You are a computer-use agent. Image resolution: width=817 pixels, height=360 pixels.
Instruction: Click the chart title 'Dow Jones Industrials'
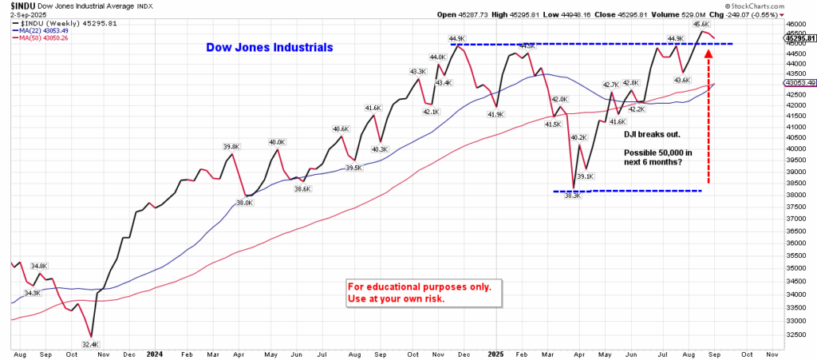[270, 48]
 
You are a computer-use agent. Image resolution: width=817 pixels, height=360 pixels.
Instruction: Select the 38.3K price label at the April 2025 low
[573, 196]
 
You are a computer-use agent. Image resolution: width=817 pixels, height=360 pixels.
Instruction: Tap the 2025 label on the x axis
[496, 354]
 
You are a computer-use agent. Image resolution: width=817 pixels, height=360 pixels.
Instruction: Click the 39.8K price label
[231, 147]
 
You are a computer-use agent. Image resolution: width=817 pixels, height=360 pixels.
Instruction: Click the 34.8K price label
[38, 265]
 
